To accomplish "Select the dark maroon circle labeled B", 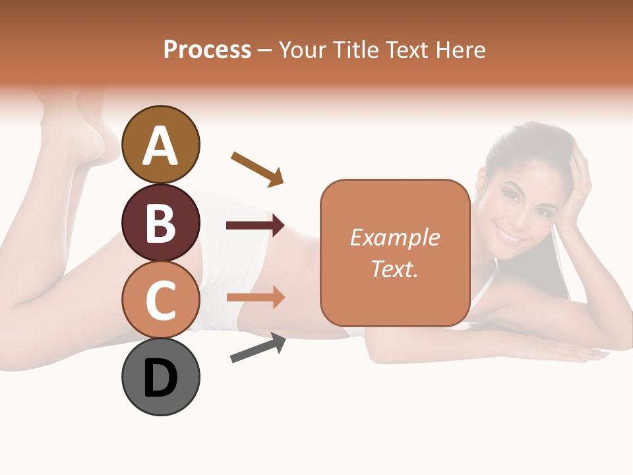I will pos(160,223).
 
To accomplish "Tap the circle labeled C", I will pos(160,300).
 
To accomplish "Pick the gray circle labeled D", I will pos(160,377).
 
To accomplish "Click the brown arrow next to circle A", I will pos(257,169).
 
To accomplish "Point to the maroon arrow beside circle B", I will pos(255,226).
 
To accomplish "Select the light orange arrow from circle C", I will pos(255,298).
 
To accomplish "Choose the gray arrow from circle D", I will pos(258,348).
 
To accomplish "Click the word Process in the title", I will pos(207,50).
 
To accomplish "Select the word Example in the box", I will pos(394,237).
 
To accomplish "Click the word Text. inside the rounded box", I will pos(394,269).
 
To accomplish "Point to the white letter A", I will pos(160,146).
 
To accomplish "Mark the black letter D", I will pos(160,379).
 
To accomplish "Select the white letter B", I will pos(160,223).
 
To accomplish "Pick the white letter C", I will pos(160,301).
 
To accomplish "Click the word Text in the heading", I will pos(407,50).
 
